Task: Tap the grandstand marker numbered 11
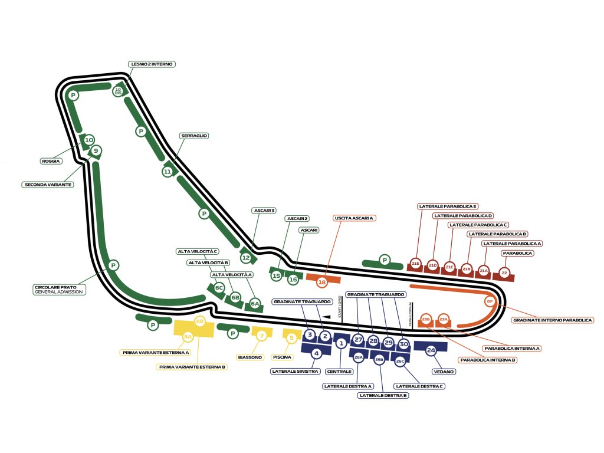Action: coord(168,172)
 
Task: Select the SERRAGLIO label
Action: coord(194,136)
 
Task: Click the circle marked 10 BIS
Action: coord(118,91)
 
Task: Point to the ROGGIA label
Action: coord(51,161)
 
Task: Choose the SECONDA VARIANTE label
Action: coord(48,185)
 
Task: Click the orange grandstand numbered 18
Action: coord(322,283)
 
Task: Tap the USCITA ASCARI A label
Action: coord(354,218)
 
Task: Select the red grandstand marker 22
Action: coord(504,273)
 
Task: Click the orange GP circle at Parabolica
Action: coord(489,301)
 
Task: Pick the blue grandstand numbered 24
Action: coord(431,350)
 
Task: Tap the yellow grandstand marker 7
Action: coord(262,336)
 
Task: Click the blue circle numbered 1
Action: coord(340,343)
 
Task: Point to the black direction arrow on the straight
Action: coord(326,319)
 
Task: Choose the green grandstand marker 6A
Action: coord(255,304)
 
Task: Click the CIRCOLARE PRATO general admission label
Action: coord(59,290)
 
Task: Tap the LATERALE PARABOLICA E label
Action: coord(448,206)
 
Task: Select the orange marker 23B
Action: coord(426,320)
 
